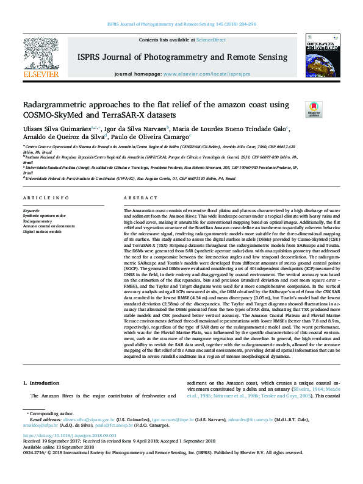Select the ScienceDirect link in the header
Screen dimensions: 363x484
[x=210, y=40]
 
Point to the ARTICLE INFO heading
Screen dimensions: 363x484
[x=46, y=199]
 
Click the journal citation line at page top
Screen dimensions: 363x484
[x=181, y=24]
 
